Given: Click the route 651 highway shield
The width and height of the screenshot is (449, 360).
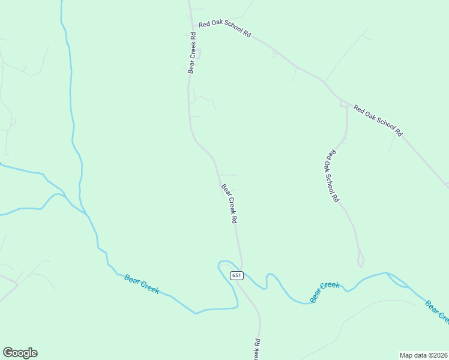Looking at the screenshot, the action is tap(237, 275).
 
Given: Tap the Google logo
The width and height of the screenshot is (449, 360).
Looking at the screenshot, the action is tap(20, 353).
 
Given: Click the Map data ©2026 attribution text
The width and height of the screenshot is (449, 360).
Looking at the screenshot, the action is tap(423, 355).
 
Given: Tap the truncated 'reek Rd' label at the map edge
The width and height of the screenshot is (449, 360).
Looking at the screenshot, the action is tap(256, 349).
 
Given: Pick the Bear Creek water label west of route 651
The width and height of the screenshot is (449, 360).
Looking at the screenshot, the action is tap(142, 283).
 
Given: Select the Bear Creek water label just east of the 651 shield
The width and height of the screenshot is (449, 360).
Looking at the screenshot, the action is tap(325, 292).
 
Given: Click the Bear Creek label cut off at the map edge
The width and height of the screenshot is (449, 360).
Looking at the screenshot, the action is tap(436, 311).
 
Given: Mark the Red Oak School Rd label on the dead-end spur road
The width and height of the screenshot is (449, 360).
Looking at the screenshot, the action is tap(331, 175).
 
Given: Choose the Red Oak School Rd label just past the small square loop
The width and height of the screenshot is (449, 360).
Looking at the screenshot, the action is tap(378, 120).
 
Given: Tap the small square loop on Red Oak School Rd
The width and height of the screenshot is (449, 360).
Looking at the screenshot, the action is tap(344, 104).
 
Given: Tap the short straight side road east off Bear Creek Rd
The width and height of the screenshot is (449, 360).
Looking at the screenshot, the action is tap(228, 175).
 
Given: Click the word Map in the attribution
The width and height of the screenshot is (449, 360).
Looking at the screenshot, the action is tap(406, 355).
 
